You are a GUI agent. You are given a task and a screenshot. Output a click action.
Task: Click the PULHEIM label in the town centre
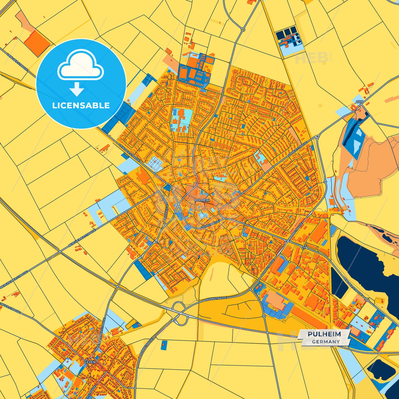202,200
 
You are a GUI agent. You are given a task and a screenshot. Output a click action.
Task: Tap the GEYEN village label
90,362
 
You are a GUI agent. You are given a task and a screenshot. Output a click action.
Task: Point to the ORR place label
360,102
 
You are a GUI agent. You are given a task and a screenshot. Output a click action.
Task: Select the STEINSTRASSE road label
210,224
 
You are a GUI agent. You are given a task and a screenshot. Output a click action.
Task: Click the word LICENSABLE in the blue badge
81,105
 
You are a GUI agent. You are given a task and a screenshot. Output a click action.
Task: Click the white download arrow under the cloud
77,89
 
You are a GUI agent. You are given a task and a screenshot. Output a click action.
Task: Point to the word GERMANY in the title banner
326,342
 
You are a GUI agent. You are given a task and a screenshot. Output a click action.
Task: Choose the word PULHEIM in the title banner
324,334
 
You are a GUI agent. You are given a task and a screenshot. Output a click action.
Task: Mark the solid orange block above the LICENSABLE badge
37,43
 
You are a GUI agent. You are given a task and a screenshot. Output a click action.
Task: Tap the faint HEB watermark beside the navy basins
311,58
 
